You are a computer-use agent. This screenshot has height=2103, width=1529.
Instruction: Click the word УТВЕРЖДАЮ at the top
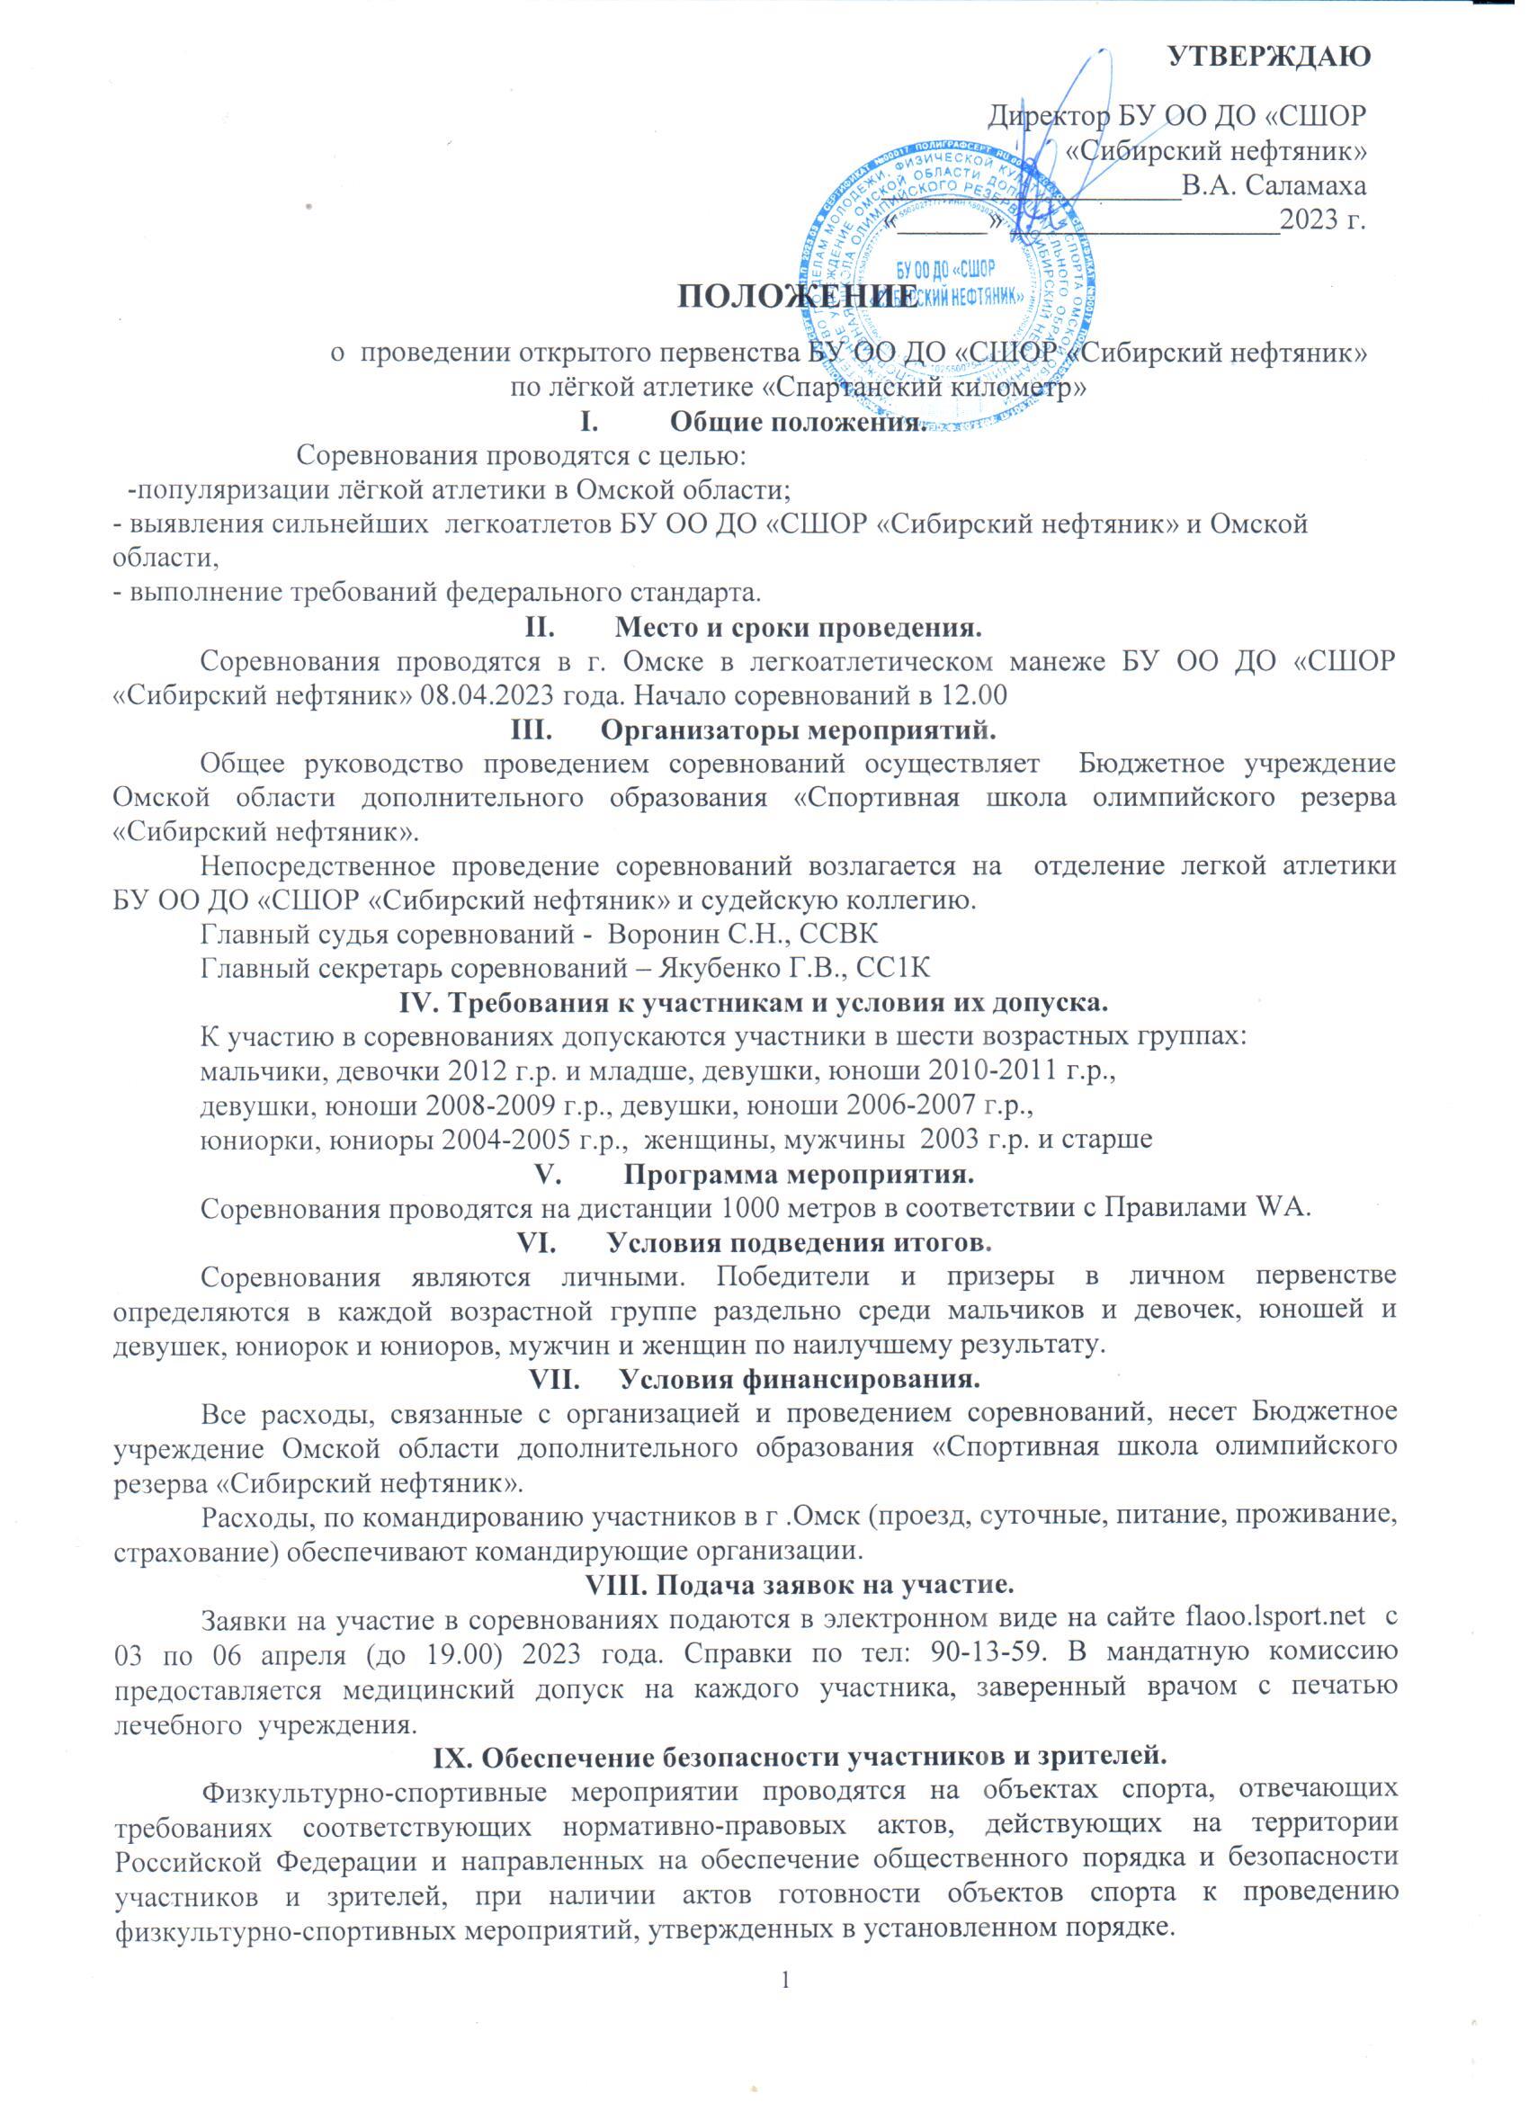coord(1269,55)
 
